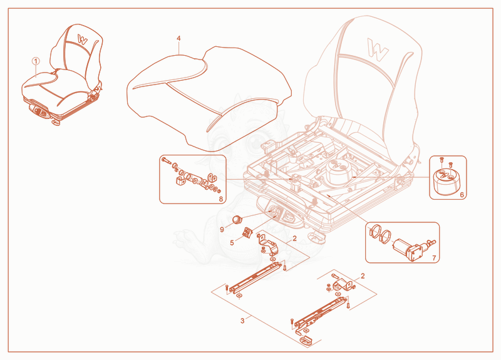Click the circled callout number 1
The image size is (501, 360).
pos(36,61)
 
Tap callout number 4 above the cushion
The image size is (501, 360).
pos(178,39)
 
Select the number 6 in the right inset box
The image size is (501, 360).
pos(462,195)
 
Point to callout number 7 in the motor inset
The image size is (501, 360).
pos(433,258)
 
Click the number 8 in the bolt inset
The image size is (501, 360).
pos(221,198)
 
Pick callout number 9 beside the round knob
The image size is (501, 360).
pos(222,229)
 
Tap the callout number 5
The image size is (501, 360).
pos(232,243)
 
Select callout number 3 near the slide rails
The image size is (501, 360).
pos(242,321)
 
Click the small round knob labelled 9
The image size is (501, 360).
pos(237,220)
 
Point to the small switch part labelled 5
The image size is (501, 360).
pos(247,232)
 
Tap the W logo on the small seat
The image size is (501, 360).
pos(83,39)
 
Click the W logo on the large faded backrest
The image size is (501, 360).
pos(378,49)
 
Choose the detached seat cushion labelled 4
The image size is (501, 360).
pos(209,98)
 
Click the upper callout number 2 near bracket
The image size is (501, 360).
pos(294,239)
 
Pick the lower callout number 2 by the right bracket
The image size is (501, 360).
pos(363,275)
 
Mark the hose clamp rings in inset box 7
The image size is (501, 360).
pos(380,232)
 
